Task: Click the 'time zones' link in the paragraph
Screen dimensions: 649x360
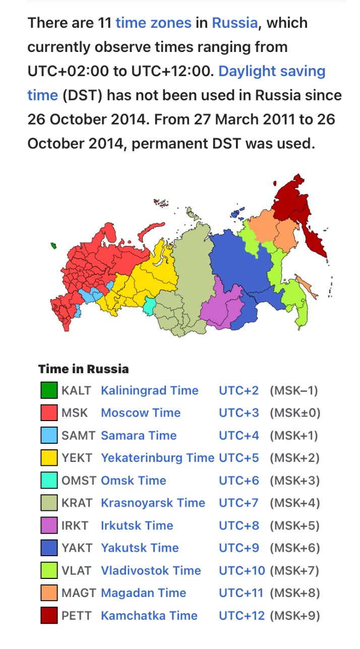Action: pos(153,23)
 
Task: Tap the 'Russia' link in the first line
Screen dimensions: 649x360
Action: pos(234,23)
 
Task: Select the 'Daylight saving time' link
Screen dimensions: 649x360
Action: pos(272,72)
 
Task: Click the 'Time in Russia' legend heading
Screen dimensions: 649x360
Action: pos(83,369)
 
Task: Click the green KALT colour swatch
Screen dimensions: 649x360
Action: pos(49,391)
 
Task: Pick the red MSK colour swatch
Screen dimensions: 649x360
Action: pos(49,413)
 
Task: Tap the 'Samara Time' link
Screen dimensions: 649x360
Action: pos(139,436)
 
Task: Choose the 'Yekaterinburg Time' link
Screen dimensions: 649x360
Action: pos(157,458)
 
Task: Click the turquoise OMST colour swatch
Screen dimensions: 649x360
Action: pos(49,481)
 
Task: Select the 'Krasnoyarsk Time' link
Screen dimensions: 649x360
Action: pos(153,503)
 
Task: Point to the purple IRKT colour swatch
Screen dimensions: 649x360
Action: pos(49,525)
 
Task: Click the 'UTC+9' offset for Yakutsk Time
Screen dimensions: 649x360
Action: pos(238,548)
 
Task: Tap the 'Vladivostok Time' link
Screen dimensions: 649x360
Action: pos(151,571)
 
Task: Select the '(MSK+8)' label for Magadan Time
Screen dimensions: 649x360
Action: pos(294,593)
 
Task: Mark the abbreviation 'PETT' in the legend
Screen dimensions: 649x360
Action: pos(77,616)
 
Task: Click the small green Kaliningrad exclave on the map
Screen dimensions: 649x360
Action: pos(53,246)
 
